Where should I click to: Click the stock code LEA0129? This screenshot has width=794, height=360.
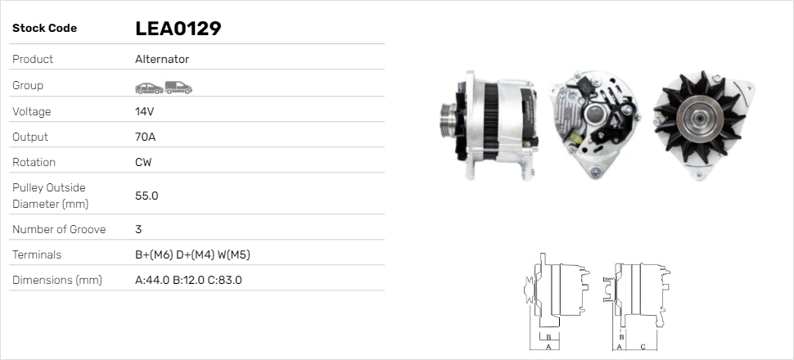click(x=178, y=29)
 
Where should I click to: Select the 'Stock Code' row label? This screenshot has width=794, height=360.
click(x=44, y=29)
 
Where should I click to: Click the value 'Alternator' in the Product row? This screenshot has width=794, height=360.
click(x=162, y=60)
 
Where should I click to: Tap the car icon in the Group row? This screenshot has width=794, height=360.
click(x=148, y=88)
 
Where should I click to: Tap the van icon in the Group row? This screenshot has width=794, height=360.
click(x=178, y=87)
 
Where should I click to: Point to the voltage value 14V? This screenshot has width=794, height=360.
click(x=145, y=111)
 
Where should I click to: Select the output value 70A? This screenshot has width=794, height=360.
click(x=145, y=137)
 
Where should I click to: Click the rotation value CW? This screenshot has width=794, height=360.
click(x=143, y=162)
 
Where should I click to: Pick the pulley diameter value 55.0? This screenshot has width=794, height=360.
click(x=147, y=196)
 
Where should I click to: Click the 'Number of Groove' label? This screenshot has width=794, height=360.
click(x=59, y=230)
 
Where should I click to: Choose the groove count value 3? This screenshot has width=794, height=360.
click(x=138, y=230)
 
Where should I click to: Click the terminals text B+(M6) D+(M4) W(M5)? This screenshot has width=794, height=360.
click(x=192, y=255)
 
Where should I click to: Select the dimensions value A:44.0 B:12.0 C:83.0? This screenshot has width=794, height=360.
click(x=188, y=281)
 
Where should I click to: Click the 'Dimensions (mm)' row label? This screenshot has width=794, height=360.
click(x=57, y=281)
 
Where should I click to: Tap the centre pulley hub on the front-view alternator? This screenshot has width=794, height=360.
click(x=698, y=119)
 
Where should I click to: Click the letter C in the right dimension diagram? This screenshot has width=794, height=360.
click(x=643, y=346)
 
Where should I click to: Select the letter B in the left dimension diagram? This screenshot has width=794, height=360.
click(x=550, y=336)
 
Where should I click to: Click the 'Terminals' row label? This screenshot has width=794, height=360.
click(x=37, y=255)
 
